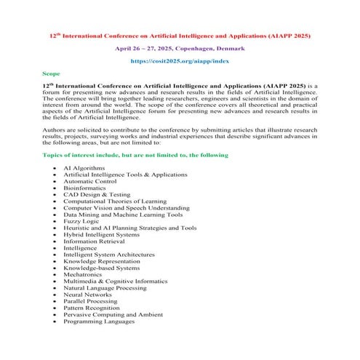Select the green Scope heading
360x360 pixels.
point(52,74)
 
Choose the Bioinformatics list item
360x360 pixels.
point(86,188)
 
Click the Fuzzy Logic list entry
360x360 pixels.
point(81,221)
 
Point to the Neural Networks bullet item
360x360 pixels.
point(87,295)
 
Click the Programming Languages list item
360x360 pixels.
point(99,321)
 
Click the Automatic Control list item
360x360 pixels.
point(89,181)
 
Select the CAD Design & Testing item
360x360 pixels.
point(95,194)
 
